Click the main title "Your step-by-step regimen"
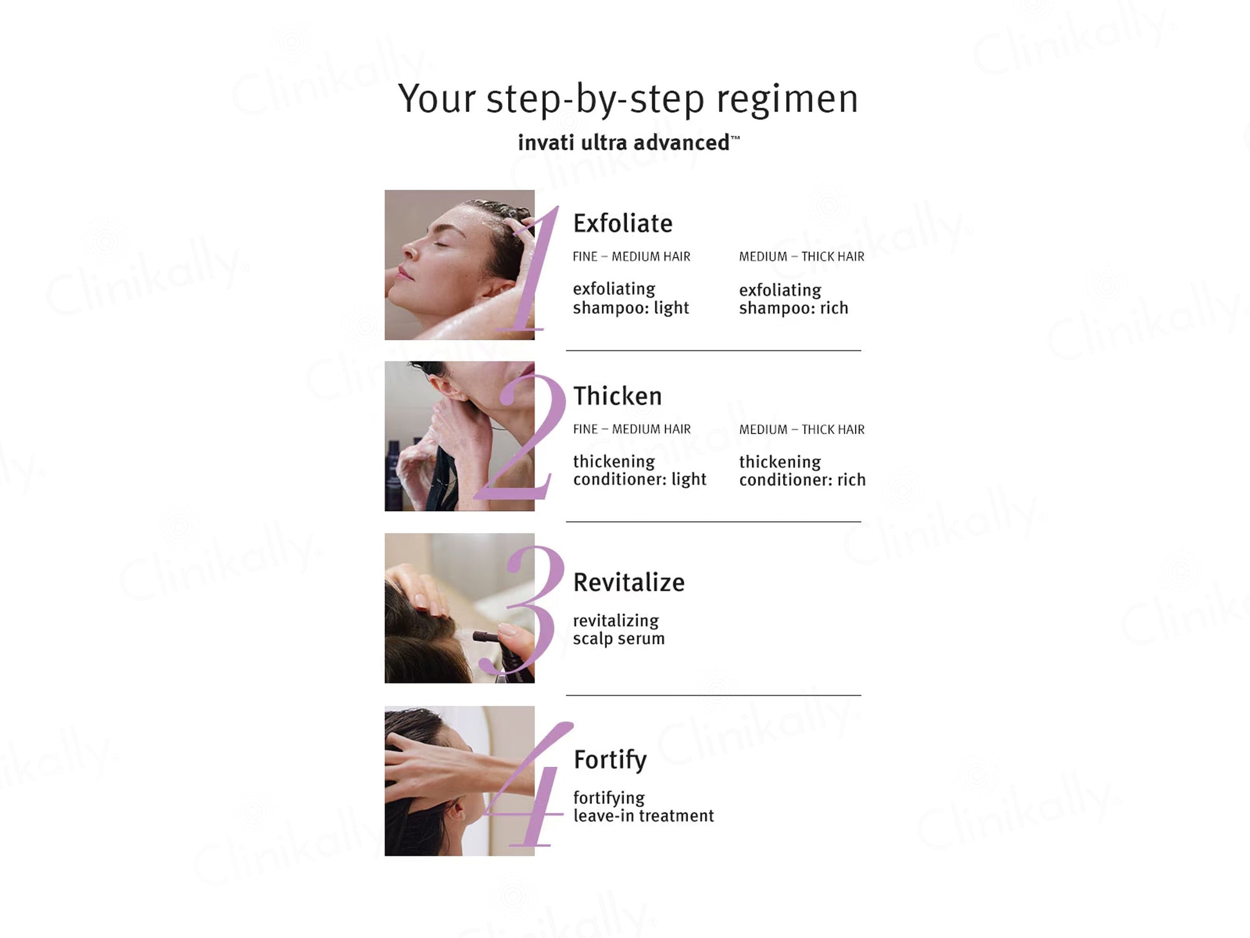pyautogui.click(x=628, y=100)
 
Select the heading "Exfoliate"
pyautogui.click(x=622, y=223)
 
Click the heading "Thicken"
pyautogui.click(x=617, y=395)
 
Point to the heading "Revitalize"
pyautogui.click(x=629, y=582)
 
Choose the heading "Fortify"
pyautogui.click(x=610, y=760)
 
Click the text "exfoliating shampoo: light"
pyautogui.click(x=631, y=298)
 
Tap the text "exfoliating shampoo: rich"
pyautogui.click(x=793, y=299)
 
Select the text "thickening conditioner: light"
pyautogui.click(x=640, y=471)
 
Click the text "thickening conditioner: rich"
pyautogui.click(x=802, y=471)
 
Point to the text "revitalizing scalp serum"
pyautogui.click(x=619, y=629)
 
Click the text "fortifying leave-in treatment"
pyautogui.click(x=644, y=807)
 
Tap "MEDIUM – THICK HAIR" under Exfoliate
pyautogui.click(x=802, y=257)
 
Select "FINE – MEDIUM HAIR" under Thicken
pyautogui.click(x=632, y=429)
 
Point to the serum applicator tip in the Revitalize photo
pyautogui.click(x=478, y=636)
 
